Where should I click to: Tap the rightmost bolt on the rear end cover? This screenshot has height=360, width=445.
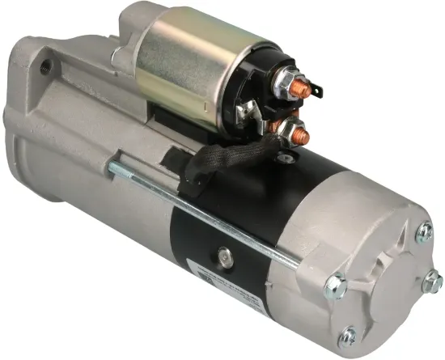433,281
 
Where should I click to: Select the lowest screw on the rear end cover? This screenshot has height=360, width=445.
349,331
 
